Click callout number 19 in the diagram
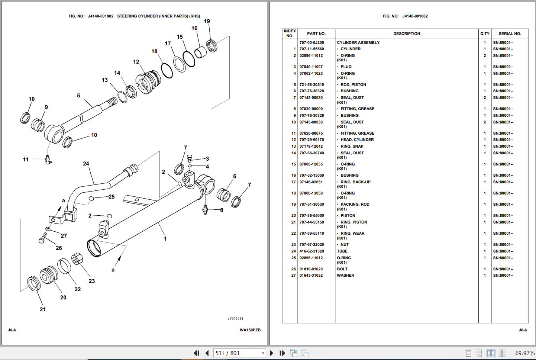(x=207, y=21)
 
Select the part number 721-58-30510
(x=311, y=84)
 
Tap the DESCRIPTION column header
(x=406, y=33)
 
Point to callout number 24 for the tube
(x=86, y=164)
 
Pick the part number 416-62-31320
(x=311, y=251)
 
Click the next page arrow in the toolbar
(x=272, y=353)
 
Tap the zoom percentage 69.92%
(x=524, y=353)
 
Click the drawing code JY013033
(x=235, y=318)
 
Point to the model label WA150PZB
(x=250, y=330)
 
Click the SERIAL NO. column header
(x=510, y=33)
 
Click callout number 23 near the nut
(x=91, y=281)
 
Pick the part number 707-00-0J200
(x=311, y=42)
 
